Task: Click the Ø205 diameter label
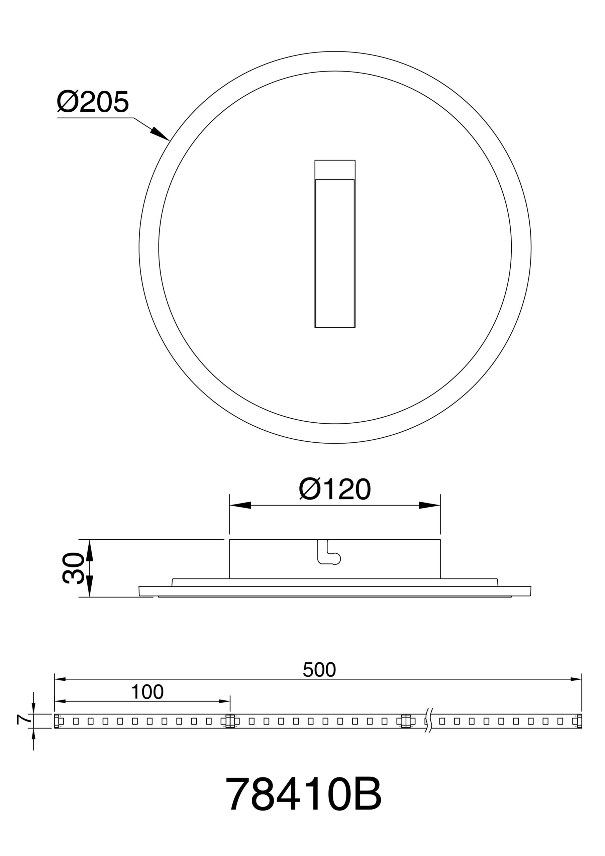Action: [93, 101]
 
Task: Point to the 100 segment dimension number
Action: [147, 692]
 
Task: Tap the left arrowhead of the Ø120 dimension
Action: [240, 505]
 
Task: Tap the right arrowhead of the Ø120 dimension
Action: [429, 505]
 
